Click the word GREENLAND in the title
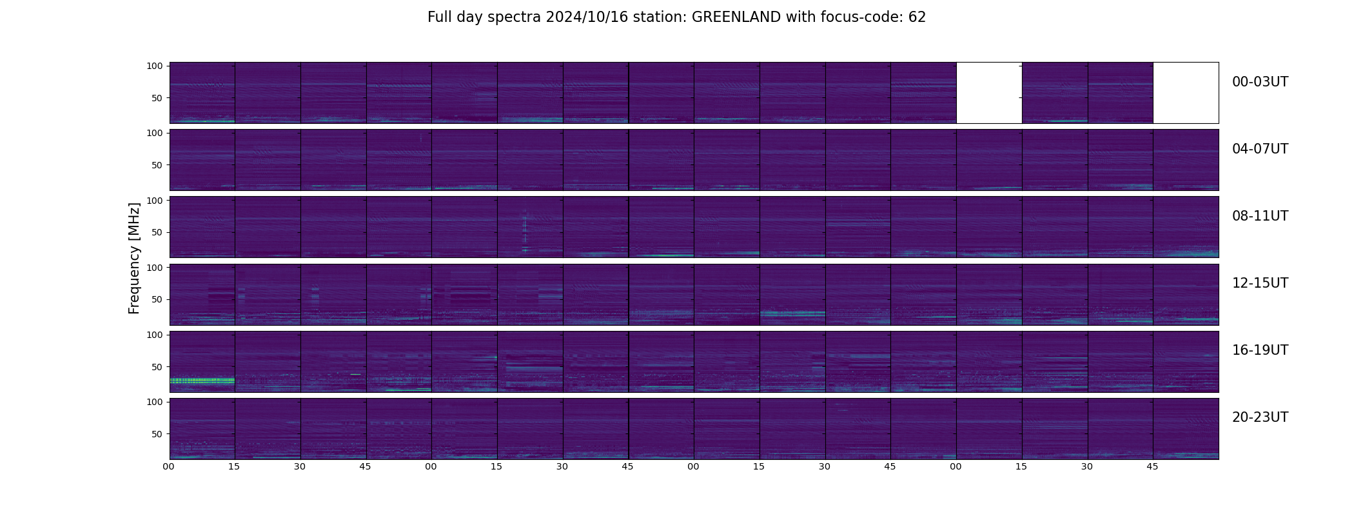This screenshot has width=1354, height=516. [736, 17]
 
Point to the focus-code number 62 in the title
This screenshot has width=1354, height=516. [917, 17]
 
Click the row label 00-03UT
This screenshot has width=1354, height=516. [1260, 82]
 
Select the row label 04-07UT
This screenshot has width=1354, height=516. [1260, 149]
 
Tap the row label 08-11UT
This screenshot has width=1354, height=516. [1260, 216]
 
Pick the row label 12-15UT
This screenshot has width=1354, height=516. [1260, 283]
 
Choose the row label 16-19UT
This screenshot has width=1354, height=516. [1260, 350]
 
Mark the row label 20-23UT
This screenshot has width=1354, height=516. [1260, 417]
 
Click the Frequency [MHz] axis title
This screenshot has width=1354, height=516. [134, 258]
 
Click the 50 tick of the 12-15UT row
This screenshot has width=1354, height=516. [157, 299]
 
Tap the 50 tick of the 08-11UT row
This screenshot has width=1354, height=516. [157, 232]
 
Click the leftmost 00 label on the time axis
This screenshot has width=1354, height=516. [169, 466]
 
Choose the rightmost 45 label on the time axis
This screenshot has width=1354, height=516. [1152, 466]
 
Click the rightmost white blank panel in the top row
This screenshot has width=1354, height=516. [1186, 92]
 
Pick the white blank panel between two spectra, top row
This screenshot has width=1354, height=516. [989, 92]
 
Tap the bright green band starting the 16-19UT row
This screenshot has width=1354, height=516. [202, 381]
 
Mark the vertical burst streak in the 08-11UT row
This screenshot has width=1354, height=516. [524, 231]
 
